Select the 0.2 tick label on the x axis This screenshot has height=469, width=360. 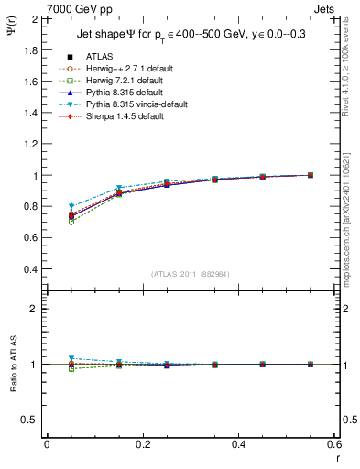tap(143, 444)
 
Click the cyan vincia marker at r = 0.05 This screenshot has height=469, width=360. tap(71, 206)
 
